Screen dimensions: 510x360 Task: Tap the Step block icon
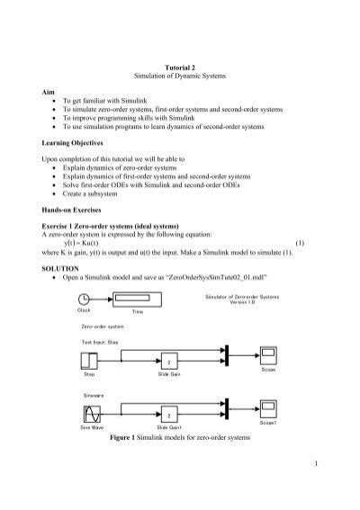(89, 362)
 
